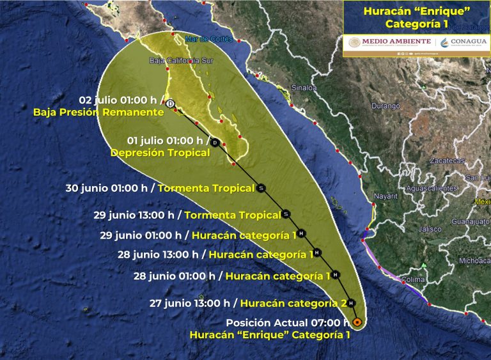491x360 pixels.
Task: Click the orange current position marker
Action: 357,322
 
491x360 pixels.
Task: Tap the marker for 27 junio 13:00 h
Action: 351,303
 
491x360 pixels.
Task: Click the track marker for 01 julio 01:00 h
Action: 215,142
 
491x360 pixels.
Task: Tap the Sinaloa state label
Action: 304,88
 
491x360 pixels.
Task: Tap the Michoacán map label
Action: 473,260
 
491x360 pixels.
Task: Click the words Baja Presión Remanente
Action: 98,112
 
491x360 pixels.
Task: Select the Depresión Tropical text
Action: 160,153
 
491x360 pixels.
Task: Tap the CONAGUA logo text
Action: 465,42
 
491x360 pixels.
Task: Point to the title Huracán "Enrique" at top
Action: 416,11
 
